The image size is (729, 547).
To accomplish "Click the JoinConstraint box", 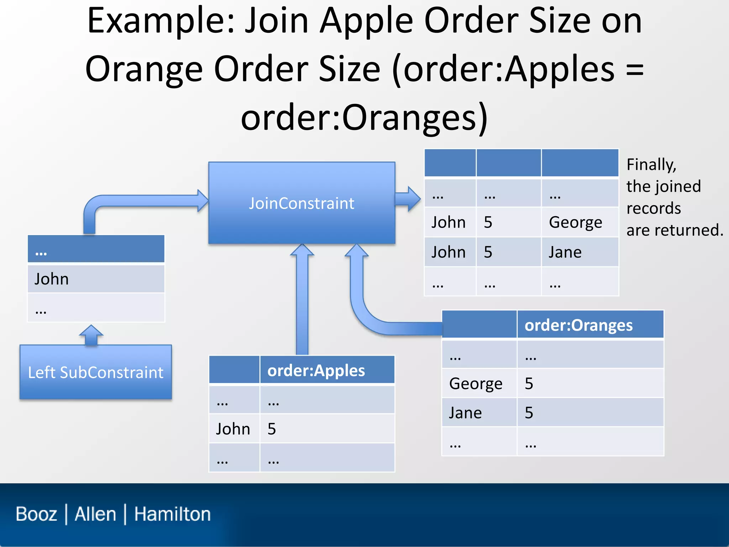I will tap(301, 203).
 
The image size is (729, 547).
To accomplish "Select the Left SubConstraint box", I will tap(95, 372).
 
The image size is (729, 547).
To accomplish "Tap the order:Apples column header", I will tap(316, 370).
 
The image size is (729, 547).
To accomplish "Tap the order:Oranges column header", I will tap(578, 325).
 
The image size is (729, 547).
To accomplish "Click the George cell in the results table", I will tap(575, 222).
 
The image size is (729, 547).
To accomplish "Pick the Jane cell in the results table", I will tap(565, 252).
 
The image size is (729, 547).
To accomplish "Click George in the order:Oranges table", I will tap(476, 384).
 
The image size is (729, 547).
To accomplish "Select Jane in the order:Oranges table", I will tap(465, 413).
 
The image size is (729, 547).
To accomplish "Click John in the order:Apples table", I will tap(233, 429).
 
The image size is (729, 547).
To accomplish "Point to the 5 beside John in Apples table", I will tap(272, 429).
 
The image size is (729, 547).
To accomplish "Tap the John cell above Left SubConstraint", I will tap(52, 279).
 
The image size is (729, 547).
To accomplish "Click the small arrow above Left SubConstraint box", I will tap(91, 335).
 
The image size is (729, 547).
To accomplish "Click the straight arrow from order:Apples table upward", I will tap(302, 303).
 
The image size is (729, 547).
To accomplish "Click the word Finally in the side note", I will tap(651, 165).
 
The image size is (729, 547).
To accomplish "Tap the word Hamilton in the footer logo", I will tap(172, 514).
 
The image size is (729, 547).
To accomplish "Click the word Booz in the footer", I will tap(36, 514).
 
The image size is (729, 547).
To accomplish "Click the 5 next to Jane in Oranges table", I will tap(529, 413).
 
